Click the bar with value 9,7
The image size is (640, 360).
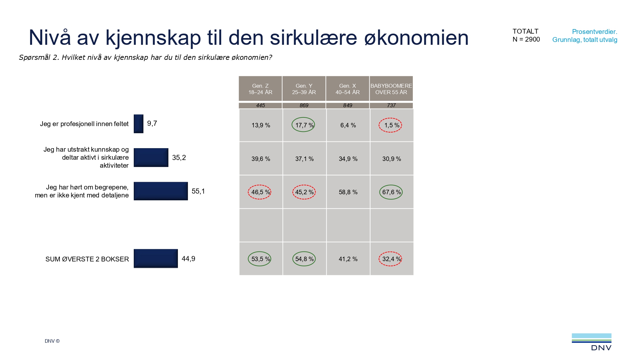point(139,124)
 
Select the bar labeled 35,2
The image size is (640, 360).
point(151,157)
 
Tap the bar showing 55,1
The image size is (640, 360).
point(161,191)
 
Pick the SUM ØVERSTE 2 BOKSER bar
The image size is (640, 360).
point(156,258)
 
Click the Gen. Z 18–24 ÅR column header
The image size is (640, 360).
point(260,89)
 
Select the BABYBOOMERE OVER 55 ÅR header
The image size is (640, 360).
point(391,89)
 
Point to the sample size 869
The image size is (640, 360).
point(304,105)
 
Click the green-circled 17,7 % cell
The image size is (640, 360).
point(303,125)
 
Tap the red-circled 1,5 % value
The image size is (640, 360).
point(390,125)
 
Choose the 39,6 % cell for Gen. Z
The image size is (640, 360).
point(260,159)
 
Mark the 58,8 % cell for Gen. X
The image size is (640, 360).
point(348,192)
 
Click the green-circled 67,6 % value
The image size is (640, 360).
point(391,192)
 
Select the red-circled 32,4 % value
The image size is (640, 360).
point(390,259)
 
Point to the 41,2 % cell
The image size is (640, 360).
point(348,259)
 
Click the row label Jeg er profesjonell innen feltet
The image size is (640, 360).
point(84,124)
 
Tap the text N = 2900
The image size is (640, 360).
point(526,39)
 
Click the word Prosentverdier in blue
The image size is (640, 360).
point(594,32)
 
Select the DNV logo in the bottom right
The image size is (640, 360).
point(592,342)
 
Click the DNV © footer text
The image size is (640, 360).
point(52,341)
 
